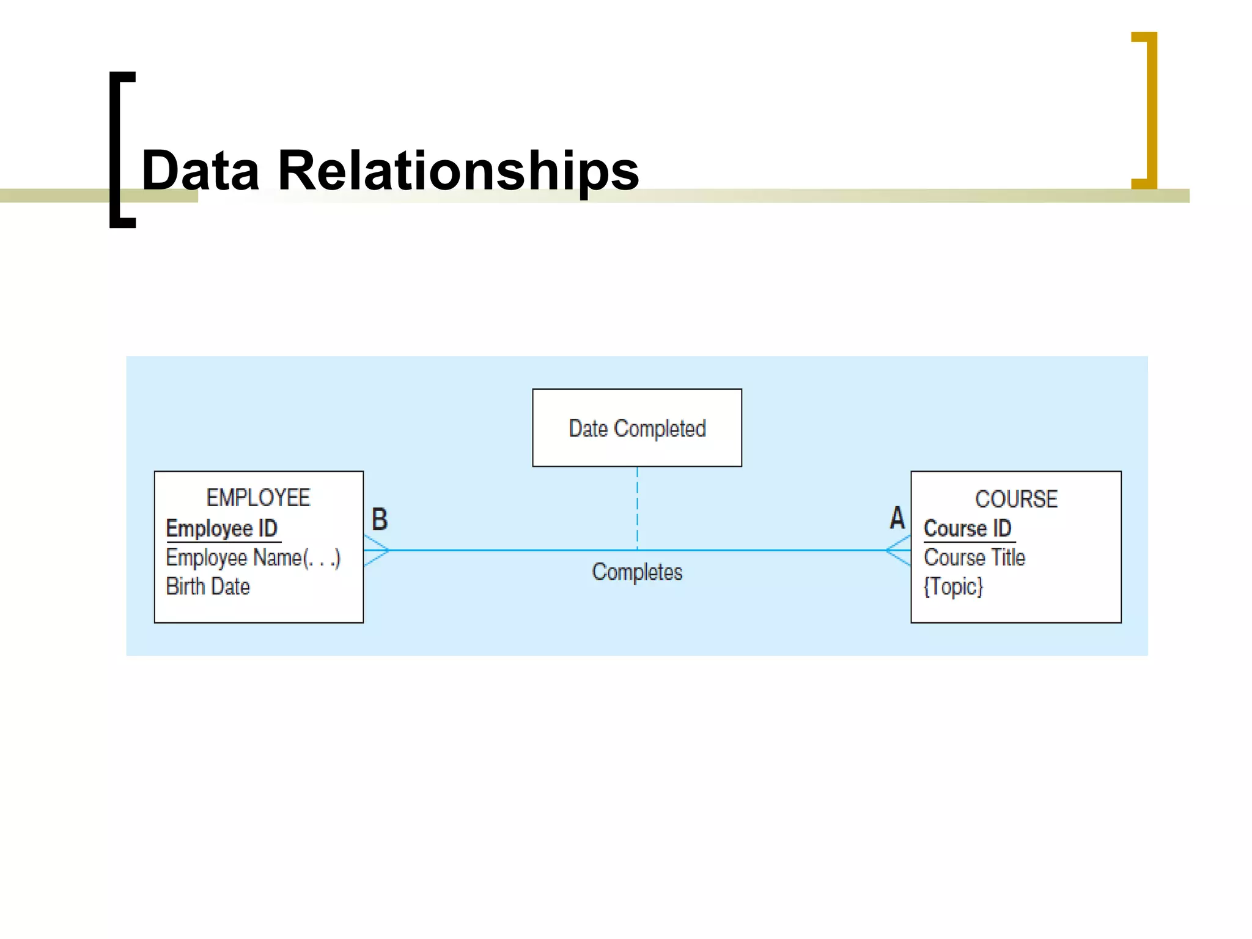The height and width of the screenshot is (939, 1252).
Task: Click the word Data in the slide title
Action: (x=200, y=171)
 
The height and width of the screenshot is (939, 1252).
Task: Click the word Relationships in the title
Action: (x=458, y=171)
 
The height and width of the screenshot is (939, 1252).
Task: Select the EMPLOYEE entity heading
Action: (x=258, y=498)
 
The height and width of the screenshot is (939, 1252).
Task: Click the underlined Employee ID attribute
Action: (x=222, y=528)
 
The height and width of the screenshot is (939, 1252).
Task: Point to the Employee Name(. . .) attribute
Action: (x=253, y=558)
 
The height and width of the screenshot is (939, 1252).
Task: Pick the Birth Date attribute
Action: (x=208, y=587)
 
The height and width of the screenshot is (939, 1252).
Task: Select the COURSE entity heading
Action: (x=1016, y=499)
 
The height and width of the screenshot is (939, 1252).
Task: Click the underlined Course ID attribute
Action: (x=967, y=528)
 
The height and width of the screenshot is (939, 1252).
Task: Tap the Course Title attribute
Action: (x=974, y=558)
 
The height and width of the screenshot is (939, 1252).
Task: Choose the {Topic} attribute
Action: (x=953, y=587)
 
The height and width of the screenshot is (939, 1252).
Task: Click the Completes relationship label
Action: (x=637, y=572)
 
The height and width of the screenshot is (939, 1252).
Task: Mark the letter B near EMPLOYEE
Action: (x=380, y=520)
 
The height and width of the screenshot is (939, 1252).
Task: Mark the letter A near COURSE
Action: (x=897, y=518)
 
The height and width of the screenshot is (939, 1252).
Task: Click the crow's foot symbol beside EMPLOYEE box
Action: (x=376, y=550)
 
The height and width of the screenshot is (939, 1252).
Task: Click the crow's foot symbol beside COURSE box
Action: (x=898, y=550)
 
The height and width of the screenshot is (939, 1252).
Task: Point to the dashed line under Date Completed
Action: (x=637, y=507)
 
